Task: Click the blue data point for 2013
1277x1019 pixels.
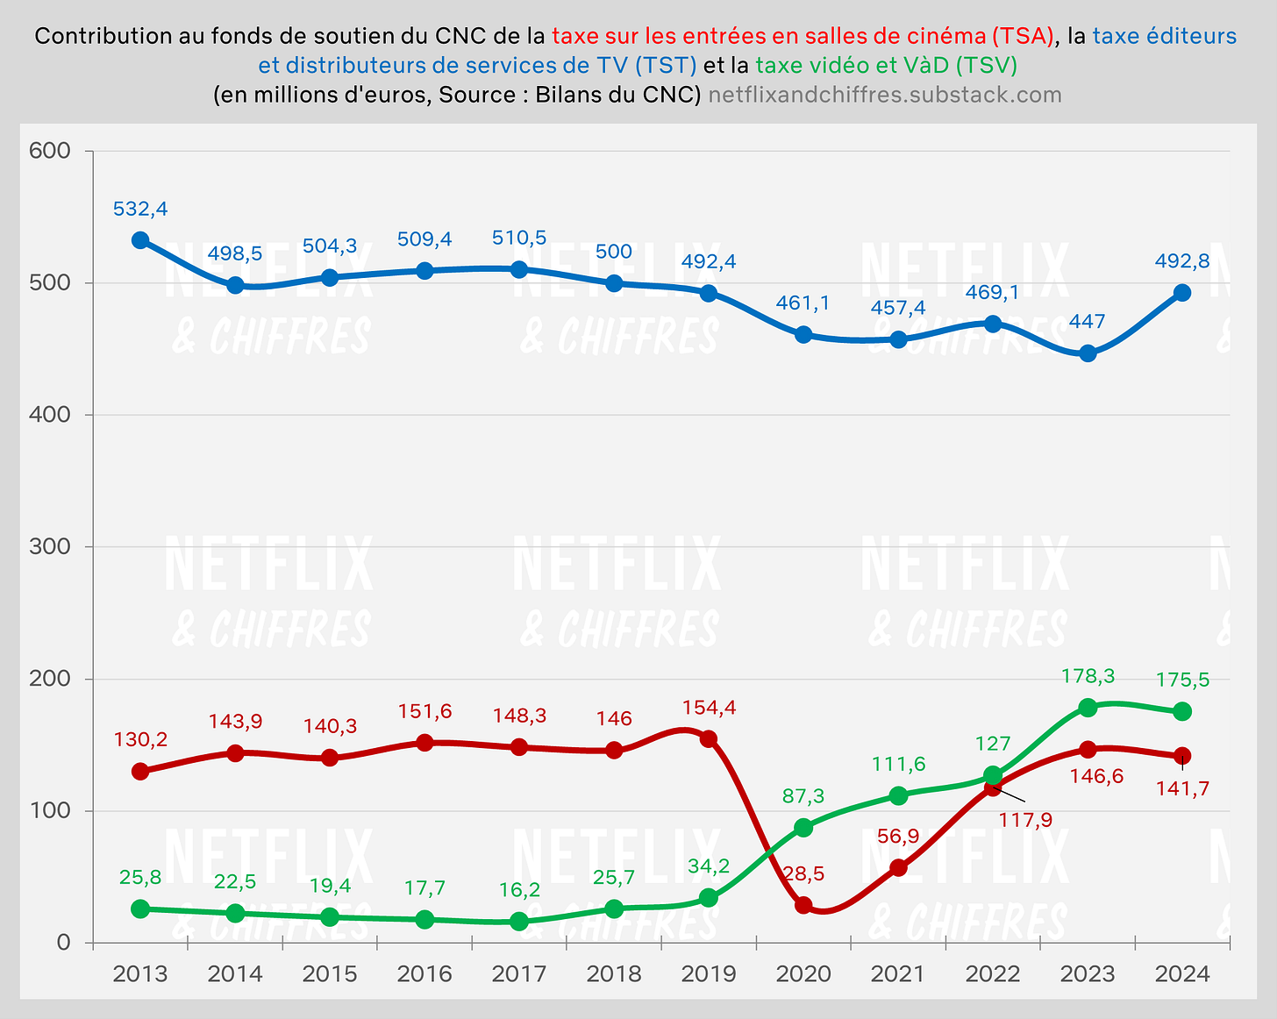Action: [140, 240]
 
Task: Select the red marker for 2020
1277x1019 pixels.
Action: [803, 905]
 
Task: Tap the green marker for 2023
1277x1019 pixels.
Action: [1088, 708]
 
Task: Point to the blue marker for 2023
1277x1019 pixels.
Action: [1088, 353]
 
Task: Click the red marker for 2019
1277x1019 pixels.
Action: [709, 739]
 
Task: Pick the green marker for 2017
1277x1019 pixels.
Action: [519, 922]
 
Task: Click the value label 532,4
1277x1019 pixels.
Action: [140, 209]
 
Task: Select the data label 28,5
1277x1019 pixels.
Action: [803, 873]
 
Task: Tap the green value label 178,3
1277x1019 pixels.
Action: [1088, 675]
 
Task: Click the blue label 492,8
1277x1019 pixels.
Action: [1182, 260]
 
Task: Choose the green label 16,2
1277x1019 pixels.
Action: [519, 889]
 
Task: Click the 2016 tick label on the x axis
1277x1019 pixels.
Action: [424, 973]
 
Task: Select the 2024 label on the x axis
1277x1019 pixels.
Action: [1182, 973]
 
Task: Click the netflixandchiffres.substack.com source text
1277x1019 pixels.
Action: [884, 95]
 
